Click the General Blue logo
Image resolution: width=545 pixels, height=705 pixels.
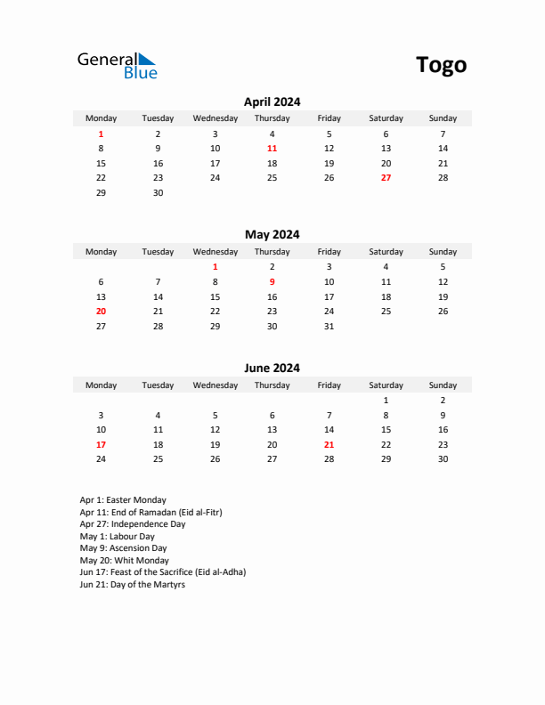pyautogui.click(x=117, y=65)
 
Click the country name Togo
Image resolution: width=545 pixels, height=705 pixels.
pyautogui.click(x=441, y=65)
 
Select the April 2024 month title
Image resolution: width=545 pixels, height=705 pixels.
pyautogui.click(x=272, y=101)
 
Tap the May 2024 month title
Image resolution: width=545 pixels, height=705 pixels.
pyautogui.click(x=272, y=235)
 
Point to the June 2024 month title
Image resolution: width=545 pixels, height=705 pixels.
pyautogui.click(x=272, y=368)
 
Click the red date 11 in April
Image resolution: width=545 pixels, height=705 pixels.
pyautogui.click(x=272, y=149)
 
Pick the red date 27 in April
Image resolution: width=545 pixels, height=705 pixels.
pyautogui.click(x=386, y=178)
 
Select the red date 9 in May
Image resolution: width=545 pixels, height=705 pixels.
pyautogui.click(x=272, y=281)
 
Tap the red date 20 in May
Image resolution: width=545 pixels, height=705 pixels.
pyautogui.click(x=101, y=312)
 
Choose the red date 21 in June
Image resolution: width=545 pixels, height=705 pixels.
pyautogui.click(x=329, y=444)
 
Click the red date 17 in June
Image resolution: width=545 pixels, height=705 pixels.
pyautogui.click(x=101, y=444)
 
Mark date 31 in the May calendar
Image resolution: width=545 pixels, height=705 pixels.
pyautogui.click(x=329, y=327)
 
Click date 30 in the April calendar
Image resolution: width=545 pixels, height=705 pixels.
pyautogui.click(x=158, y=193)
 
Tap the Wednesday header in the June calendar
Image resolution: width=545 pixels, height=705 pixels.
pyautogui.click(x=215, y=385)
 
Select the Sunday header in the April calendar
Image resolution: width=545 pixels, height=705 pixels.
pyautogui.click(x=443, y=118)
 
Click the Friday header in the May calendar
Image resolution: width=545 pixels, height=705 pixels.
pyautogui.click(x=329, y=252)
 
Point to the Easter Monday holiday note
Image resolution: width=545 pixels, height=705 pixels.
pyautogui.click(x=123, y=500)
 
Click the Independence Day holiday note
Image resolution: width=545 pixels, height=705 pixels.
pyautogui.click(x=133, y=524)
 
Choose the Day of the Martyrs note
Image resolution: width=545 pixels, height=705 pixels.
pyautogui.click(x=132, y=585)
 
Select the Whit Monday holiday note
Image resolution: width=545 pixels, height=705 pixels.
pyautogui.click(x=124, y=561)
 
